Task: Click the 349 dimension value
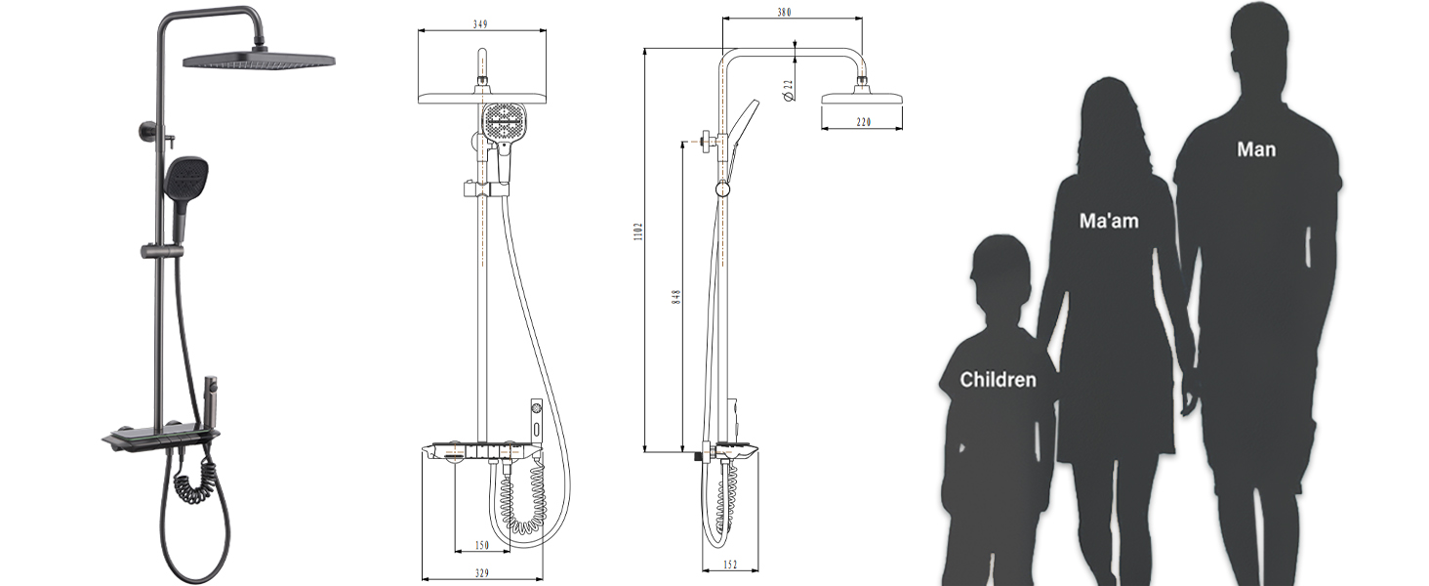tap(480, 24)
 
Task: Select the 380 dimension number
tap(784, 12)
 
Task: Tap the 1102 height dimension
tap(638, 231)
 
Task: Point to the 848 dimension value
tap(676, 297)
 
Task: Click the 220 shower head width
tap(863, 122)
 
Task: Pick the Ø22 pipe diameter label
tap(789, 90)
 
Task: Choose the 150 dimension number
tap(482, 545)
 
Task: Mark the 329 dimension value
tap(482, 572)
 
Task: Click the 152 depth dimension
tap(730, 565)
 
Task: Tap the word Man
tap(1256, 149)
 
